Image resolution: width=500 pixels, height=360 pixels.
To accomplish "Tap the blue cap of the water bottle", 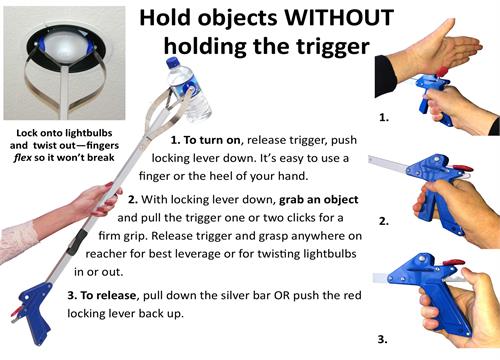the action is point(173,63).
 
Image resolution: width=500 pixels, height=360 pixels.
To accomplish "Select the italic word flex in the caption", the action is point(23,157).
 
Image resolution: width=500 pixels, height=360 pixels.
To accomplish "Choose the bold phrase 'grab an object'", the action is point(319,200).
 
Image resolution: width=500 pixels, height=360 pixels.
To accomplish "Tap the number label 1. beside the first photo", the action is point(384,117).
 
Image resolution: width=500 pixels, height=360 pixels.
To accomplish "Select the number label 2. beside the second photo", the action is point(384,221).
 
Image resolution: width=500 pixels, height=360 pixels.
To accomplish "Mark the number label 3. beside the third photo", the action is point(383,340).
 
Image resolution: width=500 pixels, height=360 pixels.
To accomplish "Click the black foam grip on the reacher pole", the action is point(77,241).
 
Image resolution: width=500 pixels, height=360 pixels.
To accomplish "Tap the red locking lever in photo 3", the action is point(453,263).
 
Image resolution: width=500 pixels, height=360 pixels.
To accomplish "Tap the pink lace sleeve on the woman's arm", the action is point(17,242).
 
